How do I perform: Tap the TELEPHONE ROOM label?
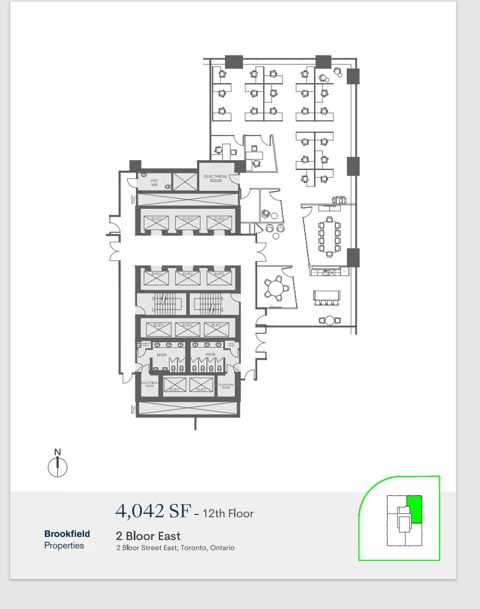coord(226,386)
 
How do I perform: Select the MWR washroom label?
coord(162,355)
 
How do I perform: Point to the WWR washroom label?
coord(210,355)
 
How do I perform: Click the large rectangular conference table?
coord(329,236)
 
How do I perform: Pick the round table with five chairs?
coord(276,288)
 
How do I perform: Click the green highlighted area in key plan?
coord(415,508)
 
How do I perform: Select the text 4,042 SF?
coord(153,511)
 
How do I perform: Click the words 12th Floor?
coord(228,513)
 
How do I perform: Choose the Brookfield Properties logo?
coord(67,539)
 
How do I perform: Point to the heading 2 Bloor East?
coord(148,536)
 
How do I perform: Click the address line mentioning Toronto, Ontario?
coord(175,548)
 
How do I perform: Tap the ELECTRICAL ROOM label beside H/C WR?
coord(216,179)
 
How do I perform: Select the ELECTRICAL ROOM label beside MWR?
coord(150,384)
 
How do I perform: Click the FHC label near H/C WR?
coord(133,200)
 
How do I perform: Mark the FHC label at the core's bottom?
coord(133,409)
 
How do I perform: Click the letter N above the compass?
coord(57,452)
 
